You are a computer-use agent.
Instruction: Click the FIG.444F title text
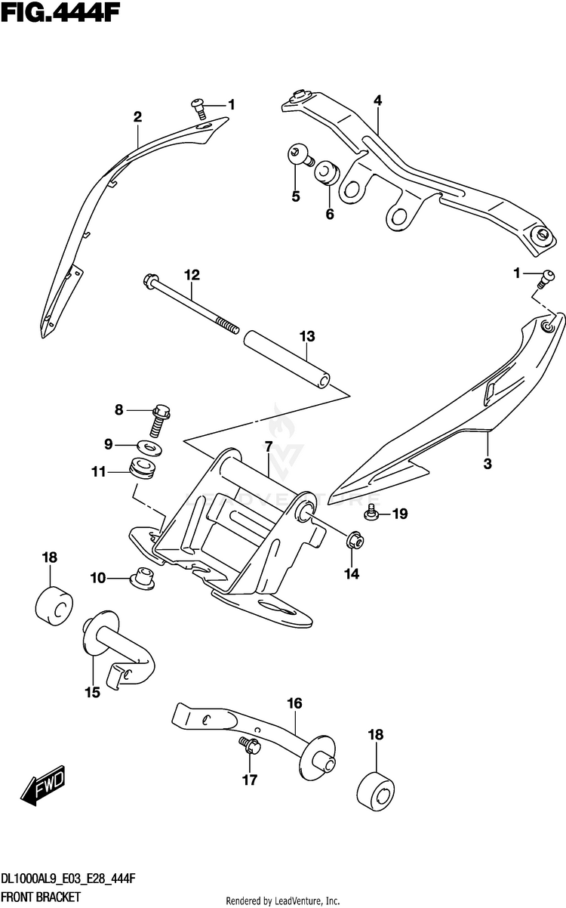61,13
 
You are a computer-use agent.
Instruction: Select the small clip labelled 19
371,515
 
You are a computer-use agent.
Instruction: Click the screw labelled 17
250,746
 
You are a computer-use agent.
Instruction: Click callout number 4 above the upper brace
377,100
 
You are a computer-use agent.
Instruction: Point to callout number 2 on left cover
137,116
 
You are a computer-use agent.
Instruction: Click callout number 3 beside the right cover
488,463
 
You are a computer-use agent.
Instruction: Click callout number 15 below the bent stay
92,692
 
